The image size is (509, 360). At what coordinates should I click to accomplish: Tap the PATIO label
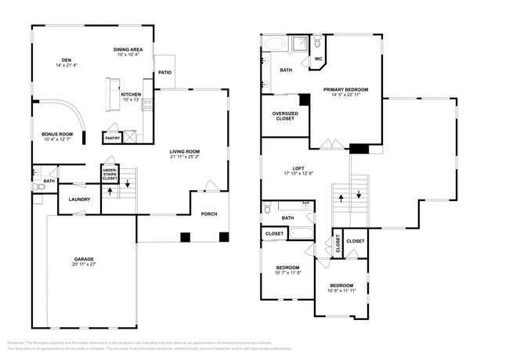point(164,73)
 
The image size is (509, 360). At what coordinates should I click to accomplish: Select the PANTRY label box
point(112,138)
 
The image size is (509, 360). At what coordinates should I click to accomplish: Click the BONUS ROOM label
point(57,134)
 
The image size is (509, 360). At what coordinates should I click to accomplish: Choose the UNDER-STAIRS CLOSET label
point(110,174)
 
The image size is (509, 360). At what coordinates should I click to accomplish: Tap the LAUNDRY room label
point(79,199)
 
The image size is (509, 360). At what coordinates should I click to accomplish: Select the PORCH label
point(210,214)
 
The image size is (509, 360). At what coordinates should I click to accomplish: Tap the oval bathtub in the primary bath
point(273,44)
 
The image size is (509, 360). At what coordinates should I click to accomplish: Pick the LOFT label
point(298,168)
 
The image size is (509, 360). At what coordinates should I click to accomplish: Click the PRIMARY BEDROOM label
point(345,90)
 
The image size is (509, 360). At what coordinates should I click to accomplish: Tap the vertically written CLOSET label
point(338,243)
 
